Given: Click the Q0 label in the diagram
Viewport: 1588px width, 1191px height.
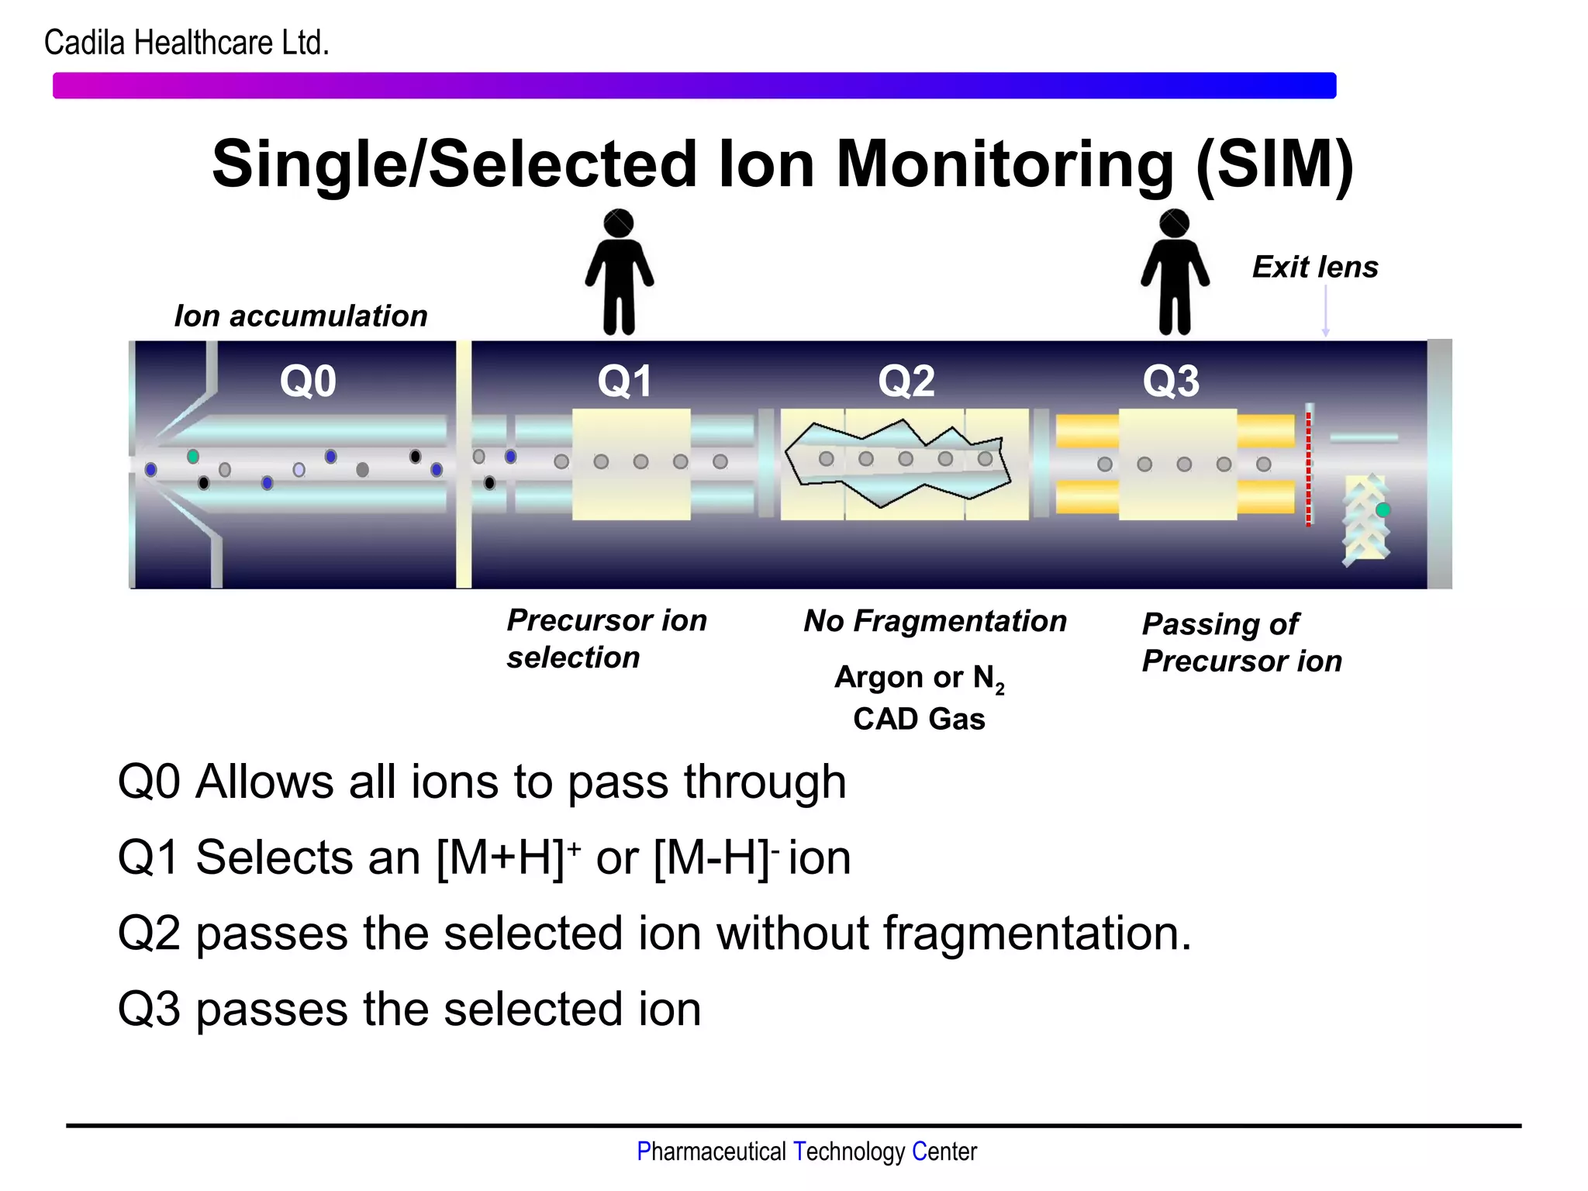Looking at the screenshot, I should (308, 381).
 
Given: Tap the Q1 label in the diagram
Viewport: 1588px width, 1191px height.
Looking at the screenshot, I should (625, 381).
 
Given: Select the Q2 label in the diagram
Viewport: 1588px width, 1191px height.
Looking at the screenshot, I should (906, 381).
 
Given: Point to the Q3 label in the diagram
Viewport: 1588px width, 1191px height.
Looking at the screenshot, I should (1171, 381).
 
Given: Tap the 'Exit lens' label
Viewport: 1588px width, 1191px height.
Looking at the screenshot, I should (1315, 268).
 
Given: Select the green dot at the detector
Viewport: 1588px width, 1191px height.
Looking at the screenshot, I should (1383, 509).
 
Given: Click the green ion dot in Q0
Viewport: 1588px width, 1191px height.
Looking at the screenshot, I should (193, 456).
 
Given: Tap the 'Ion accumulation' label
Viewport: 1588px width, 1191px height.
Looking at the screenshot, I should (301, 316).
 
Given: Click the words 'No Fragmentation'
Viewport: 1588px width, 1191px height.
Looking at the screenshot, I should (935, 621).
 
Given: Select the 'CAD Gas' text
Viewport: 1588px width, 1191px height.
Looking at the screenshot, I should (919, 719).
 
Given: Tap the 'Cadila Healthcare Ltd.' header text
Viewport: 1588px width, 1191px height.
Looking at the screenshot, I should (187, 43).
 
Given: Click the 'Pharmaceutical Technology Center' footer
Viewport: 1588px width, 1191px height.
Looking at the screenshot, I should (806, 1151).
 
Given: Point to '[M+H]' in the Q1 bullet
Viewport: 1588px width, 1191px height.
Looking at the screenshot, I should (500, 858).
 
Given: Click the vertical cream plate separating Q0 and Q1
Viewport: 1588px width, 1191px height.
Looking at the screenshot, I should (464, 465).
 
